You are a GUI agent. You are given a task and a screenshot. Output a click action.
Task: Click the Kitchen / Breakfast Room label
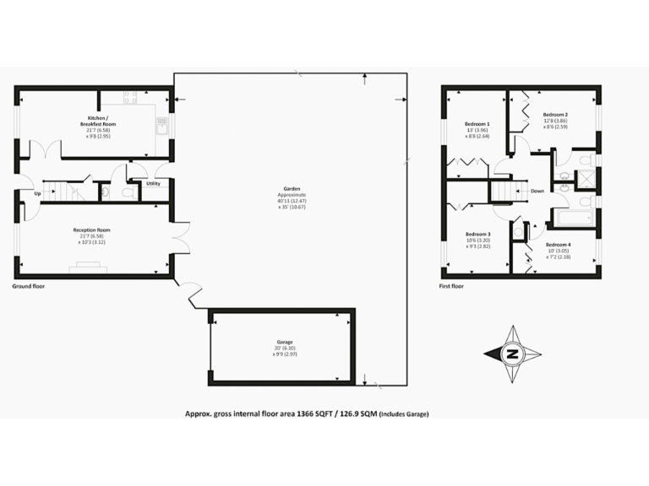click(101, 121)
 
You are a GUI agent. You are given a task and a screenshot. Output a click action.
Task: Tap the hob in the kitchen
click(131, 97)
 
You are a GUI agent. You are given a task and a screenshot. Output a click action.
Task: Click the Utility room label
click(153, 183)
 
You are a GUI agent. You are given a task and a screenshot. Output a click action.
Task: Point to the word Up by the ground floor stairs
click(37, 193)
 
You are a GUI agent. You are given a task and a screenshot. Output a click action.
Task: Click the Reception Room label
click(93, 229)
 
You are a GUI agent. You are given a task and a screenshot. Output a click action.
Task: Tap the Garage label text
click(284, 342)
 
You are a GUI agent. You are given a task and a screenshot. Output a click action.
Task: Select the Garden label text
click(292, 189)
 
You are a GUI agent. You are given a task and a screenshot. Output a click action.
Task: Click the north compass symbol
click(511, 354)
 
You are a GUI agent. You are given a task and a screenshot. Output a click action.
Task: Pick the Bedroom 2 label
click(554, 114)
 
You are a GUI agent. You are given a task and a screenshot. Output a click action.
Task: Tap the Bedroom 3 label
click(477, 234)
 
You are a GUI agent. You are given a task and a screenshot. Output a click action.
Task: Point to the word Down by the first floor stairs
click(537, 191)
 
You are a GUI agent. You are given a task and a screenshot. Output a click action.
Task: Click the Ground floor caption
click(28, 287)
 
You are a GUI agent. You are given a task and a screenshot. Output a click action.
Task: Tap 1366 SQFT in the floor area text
click(312, 413)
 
